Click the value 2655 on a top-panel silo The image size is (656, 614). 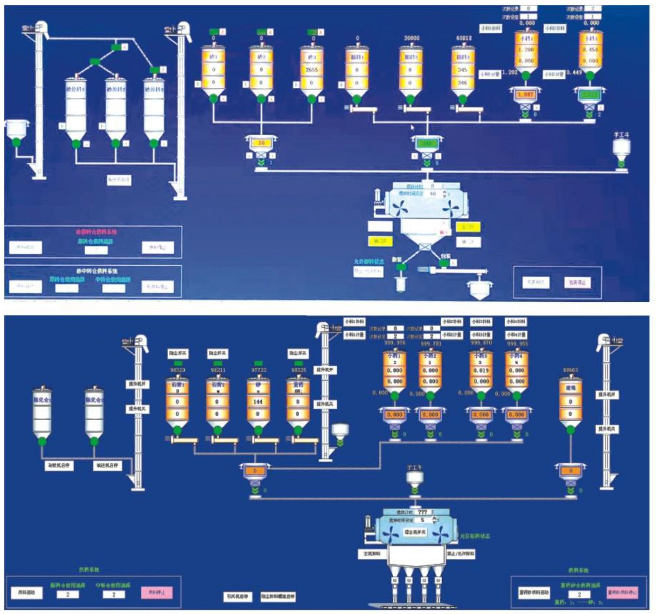(311, 70)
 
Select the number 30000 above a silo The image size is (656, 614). (411, 38)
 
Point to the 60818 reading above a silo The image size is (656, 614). (464, 38)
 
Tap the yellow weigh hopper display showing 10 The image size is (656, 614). (262, 143)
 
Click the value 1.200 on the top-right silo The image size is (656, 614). (526, 50)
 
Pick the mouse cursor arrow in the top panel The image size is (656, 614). (412, 127)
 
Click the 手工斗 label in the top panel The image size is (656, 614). (621, 135)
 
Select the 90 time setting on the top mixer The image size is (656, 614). (433, 193)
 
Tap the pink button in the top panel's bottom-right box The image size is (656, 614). (577, 283)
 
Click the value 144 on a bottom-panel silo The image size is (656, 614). (257, 401)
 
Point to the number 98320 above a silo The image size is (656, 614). (177, 370)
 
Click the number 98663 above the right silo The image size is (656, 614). (570, 370)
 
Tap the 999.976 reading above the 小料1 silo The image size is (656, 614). (394, 343)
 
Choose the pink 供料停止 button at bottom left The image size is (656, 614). (157, 593)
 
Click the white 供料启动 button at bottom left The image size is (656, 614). (27, 593)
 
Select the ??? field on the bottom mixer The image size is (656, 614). (422, 512)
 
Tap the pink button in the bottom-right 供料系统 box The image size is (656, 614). (622, 593)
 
